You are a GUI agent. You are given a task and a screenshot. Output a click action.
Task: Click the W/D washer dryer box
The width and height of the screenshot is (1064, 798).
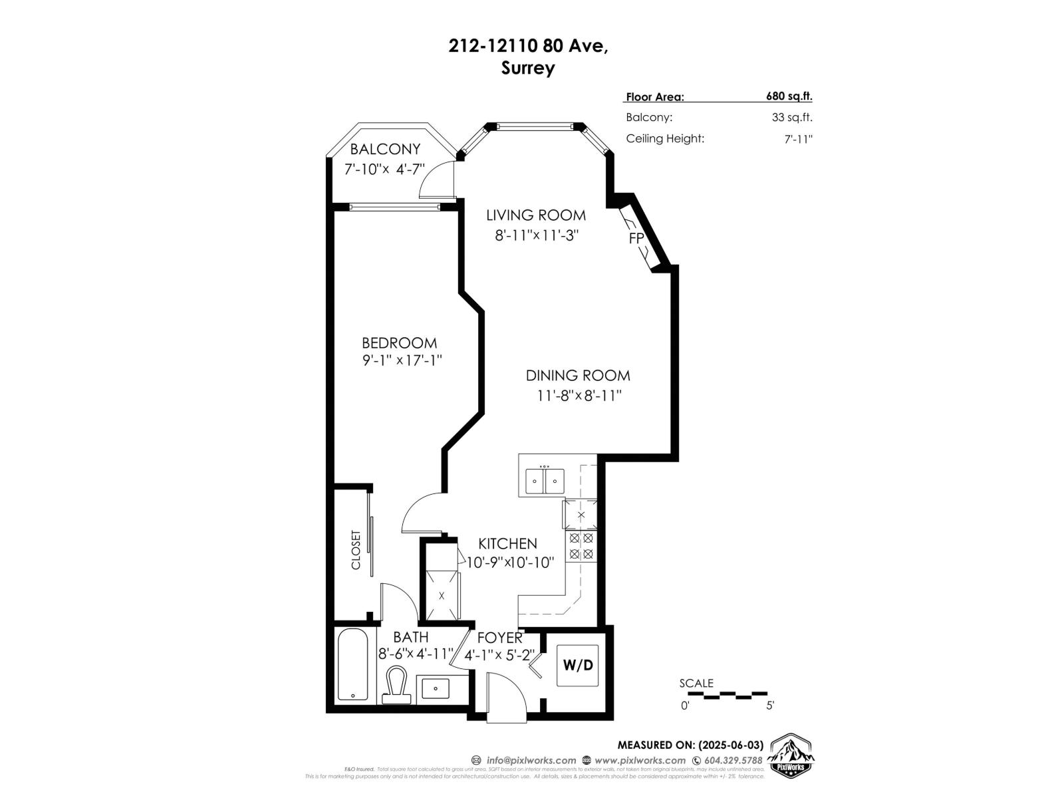(577, 665)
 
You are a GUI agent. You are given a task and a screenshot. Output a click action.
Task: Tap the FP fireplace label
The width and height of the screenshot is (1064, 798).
(636, 238)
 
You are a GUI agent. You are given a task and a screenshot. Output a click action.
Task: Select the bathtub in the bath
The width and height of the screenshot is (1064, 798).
(352, 664)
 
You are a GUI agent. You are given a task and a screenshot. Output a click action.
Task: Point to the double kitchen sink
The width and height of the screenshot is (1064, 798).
(545, 480)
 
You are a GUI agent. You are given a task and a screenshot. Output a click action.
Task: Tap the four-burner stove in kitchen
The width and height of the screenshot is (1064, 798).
(581, 546)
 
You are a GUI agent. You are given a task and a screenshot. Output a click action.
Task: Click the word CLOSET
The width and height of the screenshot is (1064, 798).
(356, 549)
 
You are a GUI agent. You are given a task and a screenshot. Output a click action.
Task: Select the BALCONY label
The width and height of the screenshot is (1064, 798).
(385, 149)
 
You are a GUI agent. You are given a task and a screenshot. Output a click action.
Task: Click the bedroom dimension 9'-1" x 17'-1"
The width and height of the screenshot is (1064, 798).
(402, 360)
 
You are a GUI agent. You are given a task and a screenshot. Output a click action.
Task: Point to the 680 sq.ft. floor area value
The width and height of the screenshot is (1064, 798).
(789, 96)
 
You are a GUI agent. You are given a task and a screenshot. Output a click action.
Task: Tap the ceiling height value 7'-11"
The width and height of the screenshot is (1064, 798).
(798, 139)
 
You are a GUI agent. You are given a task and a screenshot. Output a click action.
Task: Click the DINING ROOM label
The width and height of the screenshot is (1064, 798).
(577, 375)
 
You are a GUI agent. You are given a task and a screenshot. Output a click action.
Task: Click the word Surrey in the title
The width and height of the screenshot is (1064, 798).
(528, 68)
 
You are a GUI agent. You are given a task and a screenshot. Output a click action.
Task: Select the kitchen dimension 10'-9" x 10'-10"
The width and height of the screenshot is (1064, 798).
(510, 563)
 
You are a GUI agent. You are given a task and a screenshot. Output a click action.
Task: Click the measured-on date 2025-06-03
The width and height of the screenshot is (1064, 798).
(730, 745)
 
